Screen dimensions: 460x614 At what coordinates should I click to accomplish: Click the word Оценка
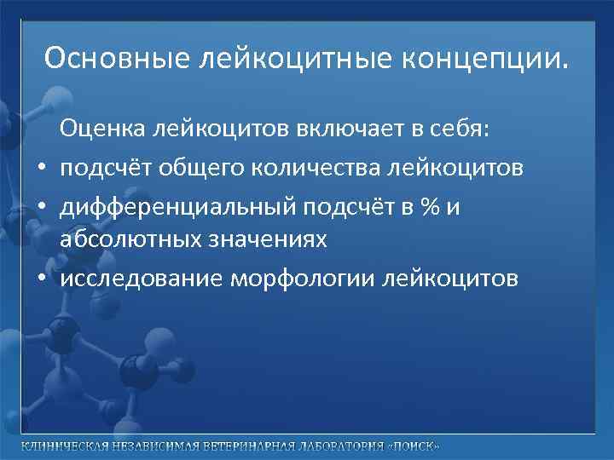pos(102,130)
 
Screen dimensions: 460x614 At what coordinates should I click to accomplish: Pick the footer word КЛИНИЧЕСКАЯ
pos(65,446)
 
